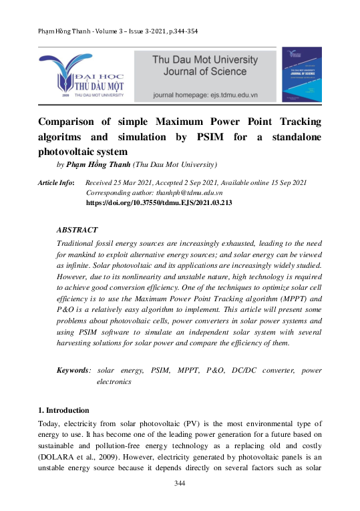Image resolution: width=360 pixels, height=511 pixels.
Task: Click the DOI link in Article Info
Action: (159, 201)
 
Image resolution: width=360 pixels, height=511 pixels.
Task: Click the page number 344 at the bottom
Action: (180, 483)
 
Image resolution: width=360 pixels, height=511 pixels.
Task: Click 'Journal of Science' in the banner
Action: (200, 71)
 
